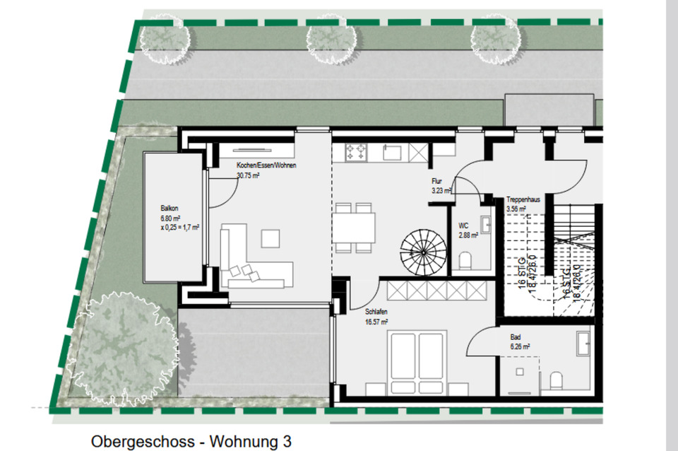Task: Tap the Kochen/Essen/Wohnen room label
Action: [x=266, y=165]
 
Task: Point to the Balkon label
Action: [x=169, y=209]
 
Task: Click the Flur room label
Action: [x=437, y=181]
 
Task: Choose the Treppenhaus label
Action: [x=523, y=200]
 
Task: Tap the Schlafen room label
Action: [x=376, y=312]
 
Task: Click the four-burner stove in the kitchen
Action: [x=355, y=151]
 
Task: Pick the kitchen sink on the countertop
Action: [x=392, y=151]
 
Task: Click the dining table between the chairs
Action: [x=355, y=228]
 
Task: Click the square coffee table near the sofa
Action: [x=270, y=238]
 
